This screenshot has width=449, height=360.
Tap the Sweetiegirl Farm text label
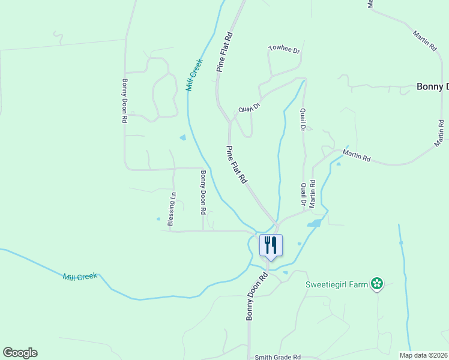coord(336,284)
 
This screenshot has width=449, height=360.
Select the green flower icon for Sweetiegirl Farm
coord(376,283)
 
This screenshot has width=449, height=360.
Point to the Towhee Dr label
coord(284,50)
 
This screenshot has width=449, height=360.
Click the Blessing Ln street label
coord(172,209)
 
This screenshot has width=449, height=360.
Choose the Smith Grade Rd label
coord(277,357)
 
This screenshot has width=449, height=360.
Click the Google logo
coord(20,353)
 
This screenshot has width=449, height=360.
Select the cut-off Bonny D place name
coord(432,87)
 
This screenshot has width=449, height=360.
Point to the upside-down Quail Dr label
coord(249,107)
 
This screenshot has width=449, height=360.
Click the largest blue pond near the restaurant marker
coord(314,224)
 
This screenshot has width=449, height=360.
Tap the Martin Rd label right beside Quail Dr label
coord(313,194)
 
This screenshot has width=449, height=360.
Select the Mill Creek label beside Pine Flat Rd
coord(194,74)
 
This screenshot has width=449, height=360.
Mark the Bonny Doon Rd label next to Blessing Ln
coord(203,193)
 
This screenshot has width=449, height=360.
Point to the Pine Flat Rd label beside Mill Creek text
coord(224,53)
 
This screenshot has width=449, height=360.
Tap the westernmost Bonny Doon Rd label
coord(124,101)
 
